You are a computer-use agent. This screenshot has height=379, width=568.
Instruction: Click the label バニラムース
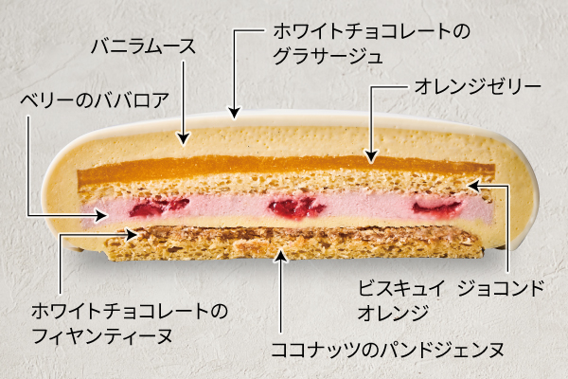(x=143, y=47)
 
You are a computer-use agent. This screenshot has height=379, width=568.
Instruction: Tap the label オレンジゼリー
(x=477, y=86)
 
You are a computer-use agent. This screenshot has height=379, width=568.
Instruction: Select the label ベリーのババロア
(x=95, y=100)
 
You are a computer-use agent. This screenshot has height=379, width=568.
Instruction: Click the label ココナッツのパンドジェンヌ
(x=387, y=350)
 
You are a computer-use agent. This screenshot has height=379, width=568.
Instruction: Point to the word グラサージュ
(x=328, y=57)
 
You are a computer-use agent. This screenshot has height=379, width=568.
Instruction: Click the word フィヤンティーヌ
(x=102, y=336)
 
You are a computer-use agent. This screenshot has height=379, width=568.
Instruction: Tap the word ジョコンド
(x=501, y=288)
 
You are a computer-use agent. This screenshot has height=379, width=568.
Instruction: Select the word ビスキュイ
(x=400, y=288)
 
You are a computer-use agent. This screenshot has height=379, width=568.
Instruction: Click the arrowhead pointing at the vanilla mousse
(x=184, y=139)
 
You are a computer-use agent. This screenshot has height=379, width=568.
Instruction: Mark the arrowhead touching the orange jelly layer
(x=370, y=156)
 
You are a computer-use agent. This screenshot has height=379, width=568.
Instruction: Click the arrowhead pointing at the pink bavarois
(x=102, y=216)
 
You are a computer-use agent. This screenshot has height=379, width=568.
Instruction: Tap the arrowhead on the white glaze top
(x=235, y=113)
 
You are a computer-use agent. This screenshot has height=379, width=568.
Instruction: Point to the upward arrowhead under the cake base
(x=281, y=255)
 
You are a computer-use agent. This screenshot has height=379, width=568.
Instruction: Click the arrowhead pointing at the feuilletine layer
(x=132, y=234)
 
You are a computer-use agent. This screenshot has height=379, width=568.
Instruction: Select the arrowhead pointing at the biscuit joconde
(x=474, y=186)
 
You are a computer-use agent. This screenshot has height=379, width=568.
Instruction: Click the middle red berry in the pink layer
(x=296, y=208)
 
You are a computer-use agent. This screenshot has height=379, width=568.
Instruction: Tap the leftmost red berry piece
(x=159, y=208)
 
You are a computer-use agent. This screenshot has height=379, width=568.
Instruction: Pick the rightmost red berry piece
(x=437, y=208)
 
